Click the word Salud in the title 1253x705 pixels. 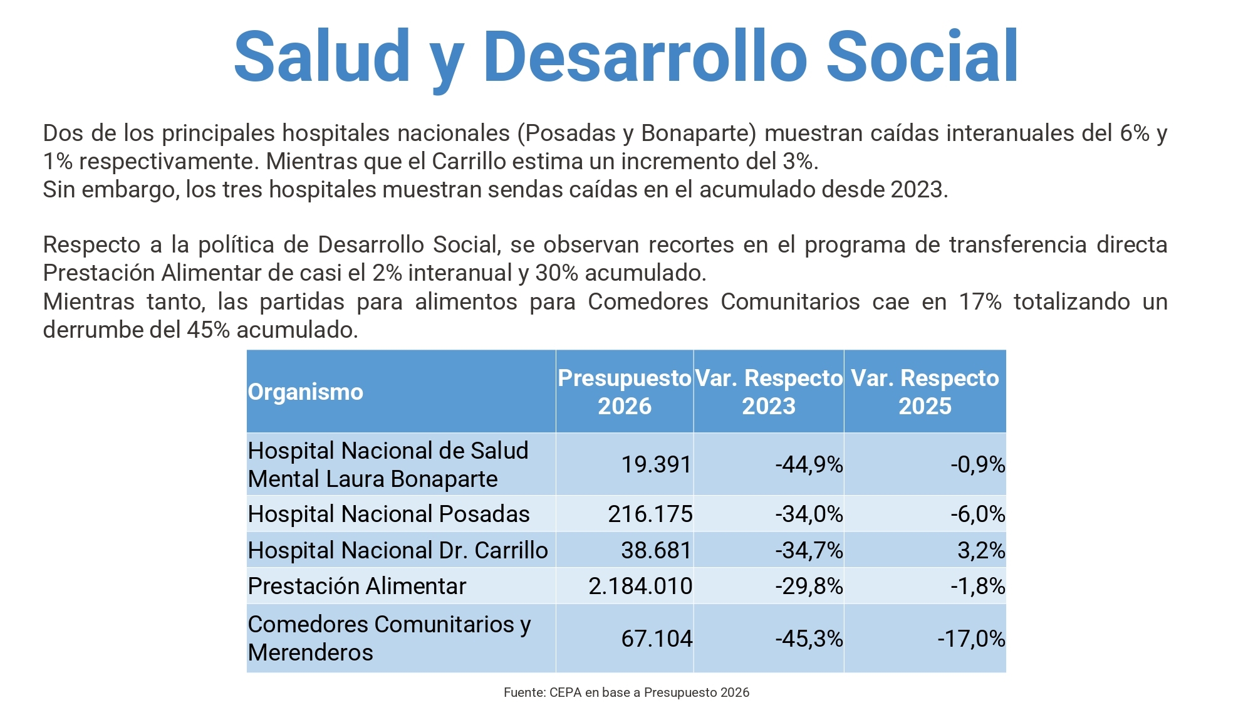click(322, 56)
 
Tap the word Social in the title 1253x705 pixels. click(922, 56)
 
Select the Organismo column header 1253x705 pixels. click(306, 392)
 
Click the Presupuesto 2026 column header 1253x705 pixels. click(625, 392)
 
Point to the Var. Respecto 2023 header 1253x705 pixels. click(769, 392)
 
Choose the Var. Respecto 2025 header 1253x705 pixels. click(925, 392)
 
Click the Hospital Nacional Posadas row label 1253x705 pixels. click(388, 514)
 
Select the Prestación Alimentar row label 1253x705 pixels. click(357, 586)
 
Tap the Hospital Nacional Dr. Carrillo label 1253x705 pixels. click(398, 550)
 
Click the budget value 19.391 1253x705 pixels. click(657, 464)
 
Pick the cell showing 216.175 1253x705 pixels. click(650, 514)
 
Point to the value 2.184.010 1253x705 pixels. click(640, 586)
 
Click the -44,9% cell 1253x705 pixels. click(809, 464)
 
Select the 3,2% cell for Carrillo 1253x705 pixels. click(981, 550)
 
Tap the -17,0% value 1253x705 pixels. click(971, 639)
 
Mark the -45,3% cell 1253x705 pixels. click(809, 639)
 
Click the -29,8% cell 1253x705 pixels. click(809, 586)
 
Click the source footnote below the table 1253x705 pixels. click(626, 692)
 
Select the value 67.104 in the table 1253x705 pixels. click(657, 639)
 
